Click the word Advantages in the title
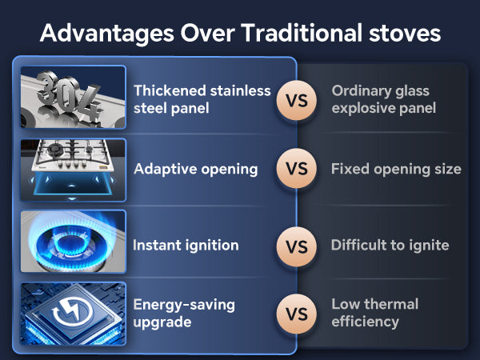tap(107, 34)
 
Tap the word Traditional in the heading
tap(302, 33)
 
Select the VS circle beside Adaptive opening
tap(296, 169)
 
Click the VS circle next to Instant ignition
tap(296, 246)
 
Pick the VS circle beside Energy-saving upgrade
tap(296, 314)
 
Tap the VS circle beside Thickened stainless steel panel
tap(296, 101)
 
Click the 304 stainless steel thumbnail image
tap(73, 97)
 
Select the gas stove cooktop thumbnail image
tap(73, 170)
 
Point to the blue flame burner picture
tap(73, 242)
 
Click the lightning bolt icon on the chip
tap(73, 310)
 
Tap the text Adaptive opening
tap(196, 170)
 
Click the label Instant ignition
tap(186, 246)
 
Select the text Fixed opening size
tap(396, 170)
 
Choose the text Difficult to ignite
tap(390, 246)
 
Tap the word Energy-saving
tap(184, 306)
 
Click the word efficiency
tap(366, 322)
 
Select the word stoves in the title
tap(405, 33)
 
